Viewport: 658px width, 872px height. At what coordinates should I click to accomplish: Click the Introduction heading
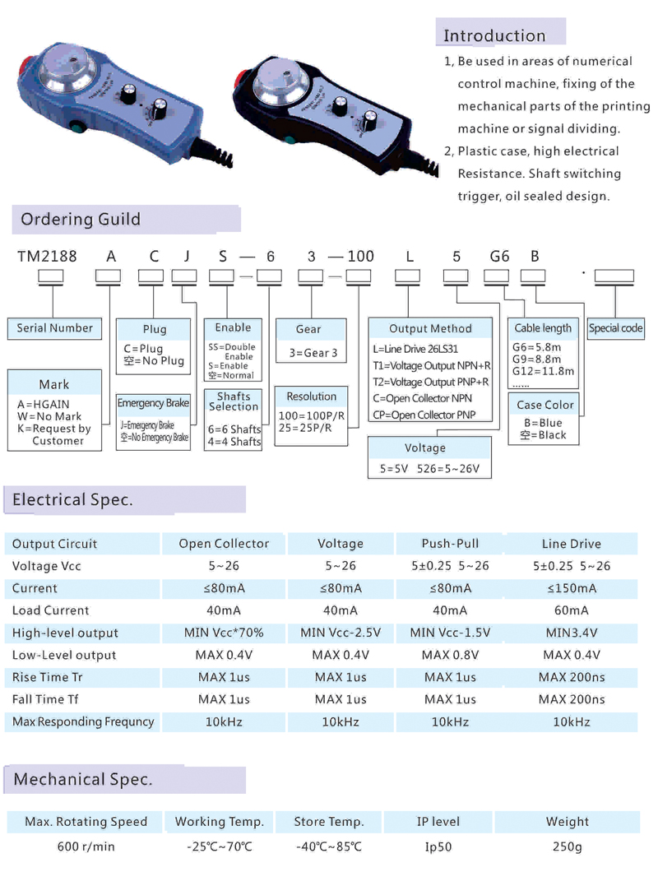pyautogui.click(x=494, y=35)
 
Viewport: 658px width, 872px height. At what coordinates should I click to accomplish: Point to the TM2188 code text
pyautogui.click(x=47, y=256)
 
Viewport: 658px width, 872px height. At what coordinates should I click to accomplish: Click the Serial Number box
pyautogui.click(x=55, y=327)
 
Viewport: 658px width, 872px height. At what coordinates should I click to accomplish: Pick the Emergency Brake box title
pyautogui.click(x=153, y=403)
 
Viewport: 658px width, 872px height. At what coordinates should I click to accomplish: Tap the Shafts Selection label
pyautogui.click(x=234, y=401)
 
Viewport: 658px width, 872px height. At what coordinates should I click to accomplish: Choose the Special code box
pyautogui.click(x=615, y=327)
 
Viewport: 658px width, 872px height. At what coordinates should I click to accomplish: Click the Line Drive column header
pyautogui.click(x=571, y=544)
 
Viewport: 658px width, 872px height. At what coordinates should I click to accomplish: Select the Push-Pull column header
pyautogui.click(x=450, y=544)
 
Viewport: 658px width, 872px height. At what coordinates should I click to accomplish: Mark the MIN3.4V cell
pyautogui.click(x=571, y=633)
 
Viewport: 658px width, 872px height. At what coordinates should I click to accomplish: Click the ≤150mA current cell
pyautogui.click(x=571, y=588)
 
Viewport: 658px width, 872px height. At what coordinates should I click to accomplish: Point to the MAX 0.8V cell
pyautogui.click(x=450, y=655)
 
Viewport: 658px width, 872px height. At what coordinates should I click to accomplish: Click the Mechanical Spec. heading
pyautogui.click(x=83, y=779)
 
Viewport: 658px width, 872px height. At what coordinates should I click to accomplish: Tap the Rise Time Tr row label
pyautogui.click(x=48, y=677)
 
